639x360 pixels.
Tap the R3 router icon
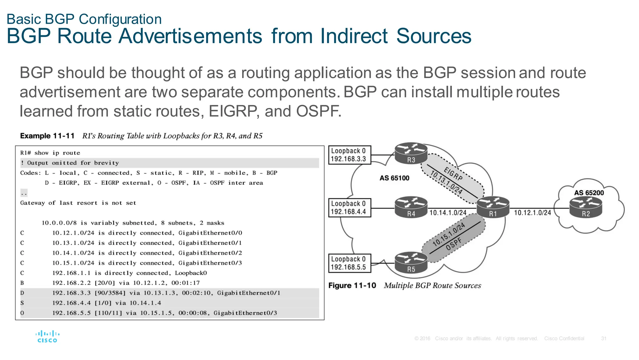(x=411, y=154)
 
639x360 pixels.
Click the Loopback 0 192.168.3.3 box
(x=349, y=155)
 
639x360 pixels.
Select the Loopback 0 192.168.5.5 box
(x=349, y=263)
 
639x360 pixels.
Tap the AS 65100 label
(x=394, y=178)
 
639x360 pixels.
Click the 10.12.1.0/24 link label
(x=532, y=213)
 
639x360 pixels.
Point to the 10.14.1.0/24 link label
(x=448, y=213)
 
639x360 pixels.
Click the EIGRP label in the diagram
(x=453, y=174)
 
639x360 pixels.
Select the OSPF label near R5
(x=454, y=244)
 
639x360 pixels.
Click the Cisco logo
(x=47, y=337)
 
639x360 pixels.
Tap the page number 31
(x=604, y=338)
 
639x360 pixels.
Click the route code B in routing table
(x=22, y=283)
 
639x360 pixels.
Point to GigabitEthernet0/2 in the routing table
(x=210, y=253)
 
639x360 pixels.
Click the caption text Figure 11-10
(x=352, y=286)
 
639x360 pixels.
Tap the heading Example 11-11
(x=47, y=136)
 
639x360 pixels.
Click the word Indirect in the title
(x=354, y=36)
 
